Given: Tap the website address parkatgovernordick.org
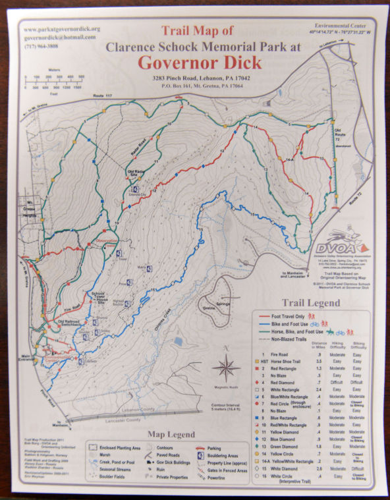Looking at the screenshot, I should coord(61,30).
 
